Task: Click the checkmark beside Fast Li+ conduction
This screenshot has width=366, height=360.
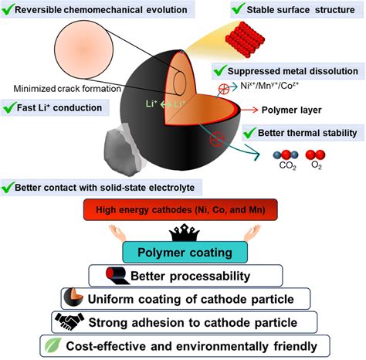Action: [11, 107]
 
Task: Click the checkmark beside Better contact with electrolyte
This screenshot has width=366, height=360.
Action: [11, 187]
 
